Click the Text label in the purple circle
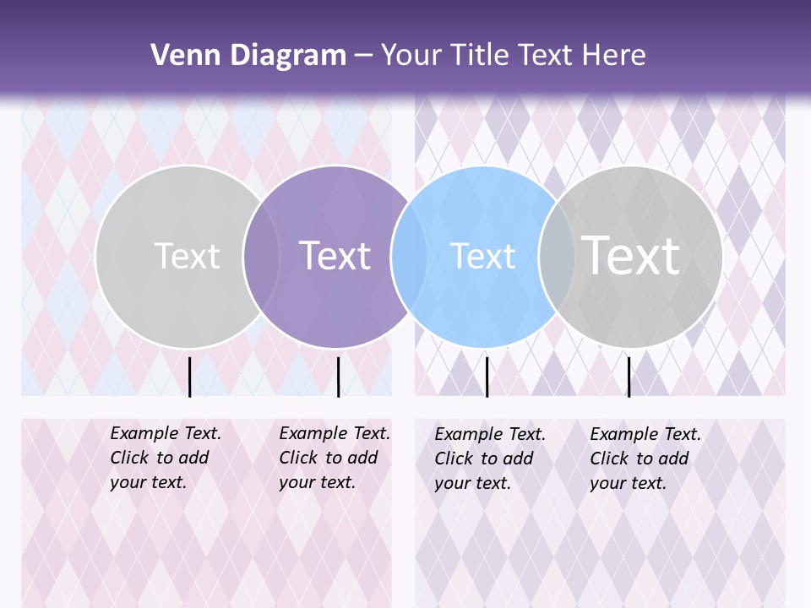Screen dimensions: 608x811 pos(335,256)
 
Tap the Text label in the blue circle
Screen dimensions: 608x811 pos(482,257)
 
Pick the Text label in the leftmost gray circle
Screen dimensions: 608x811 pos(187,256)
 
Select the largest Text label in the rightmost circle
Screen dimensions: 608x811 pos(630,255)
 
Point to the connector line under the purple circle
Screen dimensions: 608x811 pos(338,377)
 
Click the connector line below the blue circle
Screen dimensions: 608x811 pos(487,377)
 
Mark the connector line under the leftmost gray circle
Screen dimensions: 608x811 pos(189,377)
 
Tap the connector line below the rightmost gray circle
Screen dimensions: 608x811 pos(629,377)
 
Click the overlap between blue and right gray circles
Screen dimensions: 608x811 pos(558,257)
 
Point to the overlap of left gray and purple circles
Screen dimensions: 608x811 pos(262,257)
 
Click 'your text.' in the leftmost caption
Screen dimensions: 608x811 pos(148,483)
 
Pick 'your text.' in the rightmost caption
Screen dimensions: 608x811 pos(628,483)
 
